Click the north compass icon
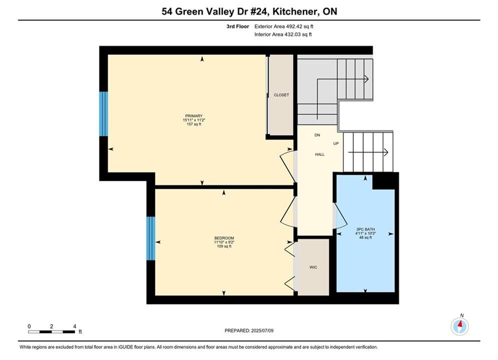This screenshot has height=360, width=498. point(459,326)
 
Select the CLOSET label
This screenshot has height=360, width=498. point(281,95)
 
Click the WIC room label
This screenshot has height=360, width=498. point(313,267)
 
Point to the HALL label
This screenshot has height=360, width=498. point(319,154)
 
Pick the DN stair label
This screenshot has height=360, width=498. point(317,135)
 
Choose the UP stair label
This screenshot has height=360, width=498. point(336,143)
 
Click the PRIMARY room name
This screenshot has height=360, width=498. point(194,116)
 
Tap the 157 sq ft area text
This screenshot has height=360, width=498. point(194,124)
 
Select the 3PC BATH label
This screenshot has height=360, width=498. point(365,229)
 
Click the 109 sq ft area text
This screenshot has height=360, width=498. point(224,246)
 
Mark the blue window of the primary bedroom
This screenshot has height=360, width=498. point(104,114)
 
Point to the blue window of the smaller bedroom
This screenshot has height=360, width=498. point(151,238)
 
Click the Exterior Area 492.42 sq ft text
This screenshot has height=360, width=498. point(284,26)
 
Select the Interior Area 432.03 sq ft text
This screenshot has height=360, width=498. point(283,34)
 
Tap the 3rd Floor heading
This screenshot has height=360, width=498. point(238,26)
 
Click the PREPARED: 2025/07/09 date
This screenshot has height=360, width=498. point(249,330)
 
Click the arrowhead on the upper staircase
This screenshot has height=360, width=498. point(366,78)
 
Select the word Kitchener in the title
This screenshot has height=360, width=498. point(296,11)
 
